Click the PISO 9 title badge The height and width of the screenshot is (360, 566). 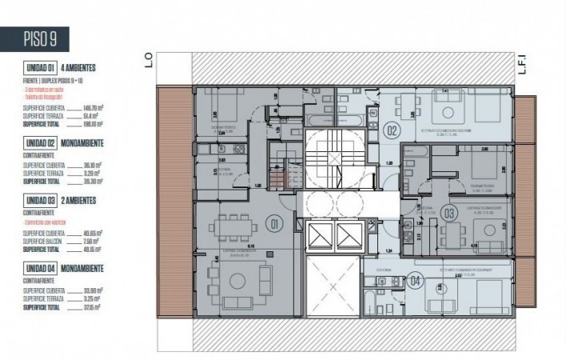[35, 38]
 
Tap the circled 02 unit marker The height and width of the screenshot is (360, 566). [392, 130]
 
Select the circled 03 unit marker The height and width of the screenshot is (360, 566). [449, 213]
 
